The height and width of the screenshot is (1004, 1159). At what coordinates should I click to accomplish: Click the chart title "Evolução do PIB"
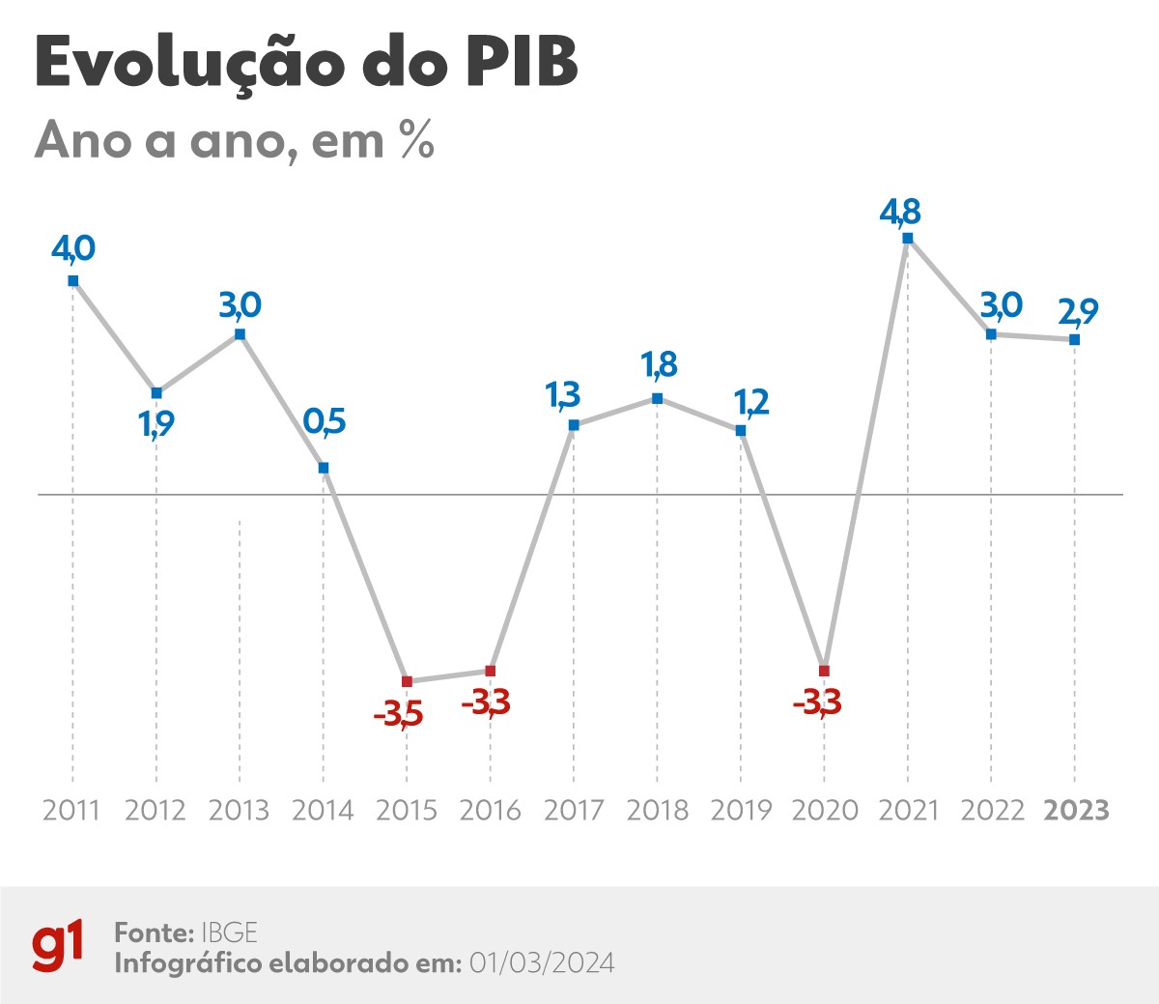pos(306,64)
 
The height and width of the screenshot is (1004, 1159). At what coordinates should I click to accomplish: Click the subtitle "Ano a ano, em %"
pos(235,141)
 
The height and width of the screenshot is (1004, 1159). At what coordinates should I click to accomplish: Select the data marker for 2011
pos(72,281)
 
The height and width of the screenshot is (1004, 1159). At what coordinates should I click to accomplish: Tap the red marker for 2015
pos(407,681)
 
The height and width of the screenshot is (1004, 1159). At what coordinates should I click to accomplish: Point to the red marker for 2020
pos(824,671)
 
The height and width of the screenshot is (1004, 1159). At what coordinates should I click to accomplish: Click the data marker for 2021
pos(907,238)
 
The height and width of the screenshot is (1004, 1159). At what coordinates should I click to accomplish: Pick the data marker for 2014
pos(324,468)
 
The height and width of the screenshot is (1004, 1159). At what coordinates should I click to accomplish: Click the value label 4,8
pos(900,212)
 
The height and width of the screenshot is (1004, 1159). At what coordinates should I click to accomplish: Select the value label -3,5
pos(398,715)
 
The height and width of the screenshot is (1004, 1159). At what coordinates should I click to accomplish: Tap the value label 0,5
pos(324,421)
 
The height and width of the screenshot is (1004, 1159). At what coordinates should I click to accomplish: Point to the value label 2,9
pos(1078,312)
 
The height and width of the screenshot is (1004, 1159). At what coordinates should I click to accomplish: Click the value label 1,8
pos(659,365)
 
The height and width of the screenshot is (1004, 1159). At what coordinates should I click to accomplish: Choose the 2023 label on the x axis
pos(1076,810)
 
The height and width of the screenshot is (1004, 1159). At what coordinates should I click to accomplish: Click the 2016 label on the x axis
pos(490,810)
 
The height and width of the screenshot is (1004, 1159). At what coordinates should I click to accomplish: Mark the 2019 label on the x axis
pos(741,810)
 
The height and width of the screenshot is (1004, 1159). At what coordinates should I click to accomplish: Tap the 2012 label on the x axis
pos(155,810)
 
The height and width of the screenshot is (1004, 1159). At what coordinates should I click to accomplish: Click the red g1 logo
pos(58,946)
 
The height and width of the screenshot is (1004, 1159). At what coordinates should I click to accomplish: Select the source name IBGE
pos(229,932)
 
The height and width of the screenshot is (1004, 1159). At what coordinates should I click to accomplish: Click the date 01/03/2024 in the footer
pos(542,963)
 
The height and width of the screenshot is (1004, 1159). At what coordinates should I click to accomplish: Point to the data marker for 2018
pos(658,398)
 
